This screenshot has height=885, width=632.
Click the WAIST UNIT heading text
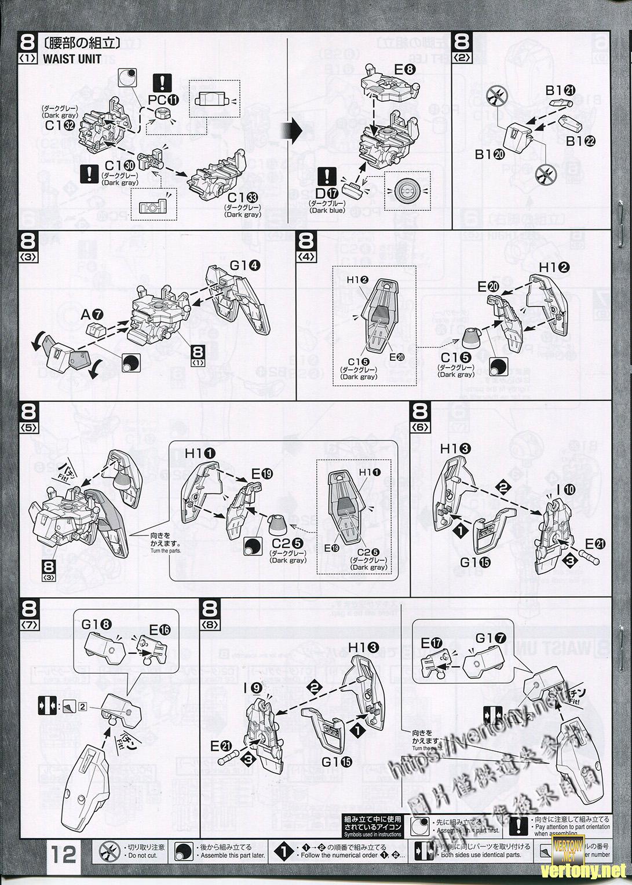point(72,58)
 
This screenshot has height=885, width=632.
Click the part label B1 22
point(580,140)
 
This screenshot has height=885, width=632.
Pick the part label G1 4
point(244,266)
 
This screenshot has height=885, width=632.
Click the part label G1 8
point(96,625)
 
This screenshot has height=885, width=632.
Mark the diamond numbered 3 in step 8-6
point(569,560)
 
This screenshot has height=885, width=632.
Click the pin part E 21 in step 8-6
point(589,559)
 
